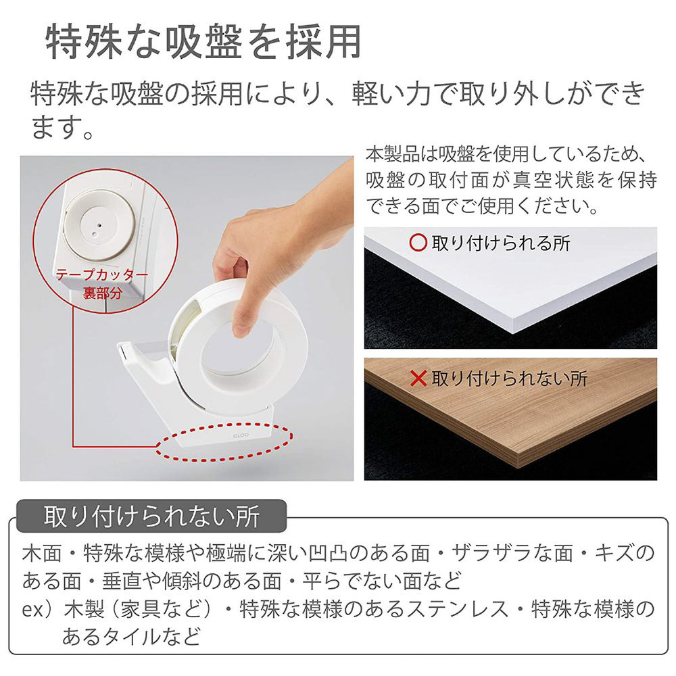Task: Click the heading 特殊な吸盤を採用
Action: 203,42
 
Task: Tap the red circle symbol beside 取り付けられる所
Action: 418,243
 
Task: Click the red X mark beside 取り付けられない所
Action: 418,379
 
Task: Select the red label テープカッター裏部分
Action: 102,283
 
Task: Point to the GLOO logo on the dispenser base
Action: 241,436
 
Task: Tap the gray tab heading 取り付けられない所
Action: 151,516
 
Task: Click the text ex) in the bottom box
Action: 40,609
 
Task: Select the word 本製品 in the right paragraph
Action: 393,154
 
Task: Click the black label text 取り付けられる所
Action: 500,243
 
